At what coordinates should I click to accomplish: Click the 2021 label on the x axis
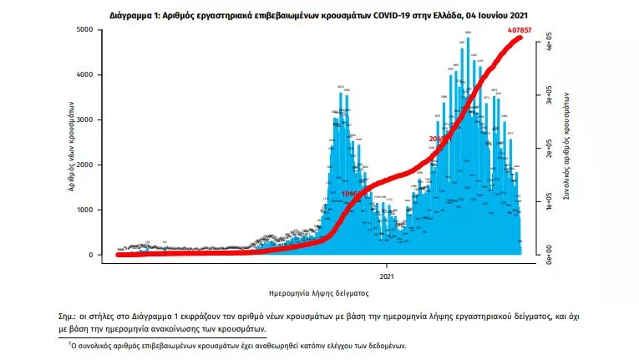pos(387,276)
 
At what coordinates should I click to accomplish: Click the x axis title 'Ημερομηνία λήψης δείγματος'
pos(314,294)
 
